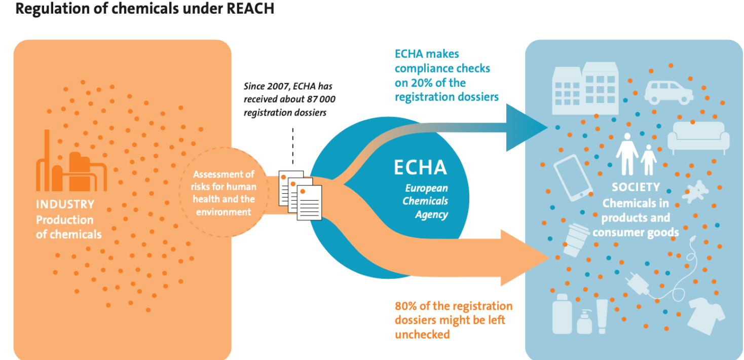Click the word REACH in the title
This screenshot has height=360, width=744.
[x=250, y=8]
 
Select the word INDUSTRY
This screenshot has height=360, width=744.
[x=65, y=204]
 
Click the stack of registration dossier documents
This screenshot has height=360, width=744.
[x=300, y=195]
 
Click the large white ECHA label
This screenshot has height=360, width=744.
[x=420, y=167]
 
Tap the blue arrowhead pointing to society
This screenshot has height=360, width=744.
[x=527, y=127]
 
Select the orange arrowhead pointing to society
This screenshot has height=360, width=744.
[x=525, y=258]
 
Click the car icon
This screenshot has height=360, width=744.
[x=668, y=92]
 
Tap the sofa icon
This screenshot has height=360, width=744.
[x=698, y=137]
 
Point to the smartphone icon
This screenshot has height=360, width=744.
[x=573, y=178]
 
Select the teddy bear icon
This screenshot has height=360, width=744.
[x=695, y=192]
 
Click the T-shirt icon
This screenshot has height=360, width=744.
[x=706, y=315]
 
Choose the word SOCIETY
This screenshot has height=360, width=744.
[x=636, y=187]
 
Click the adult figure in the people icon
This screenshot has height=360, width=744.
[x=627, y=154]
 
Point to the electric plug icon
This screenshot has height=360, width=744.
[x=637, y=283]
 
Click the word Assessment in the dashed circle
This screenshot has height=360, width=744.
[x=224, y=174]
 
